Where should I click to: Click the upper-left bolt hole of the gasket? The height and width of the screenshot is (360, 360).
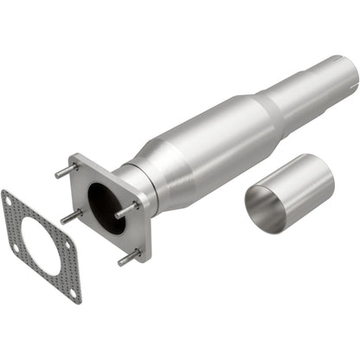coord(10,201)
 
